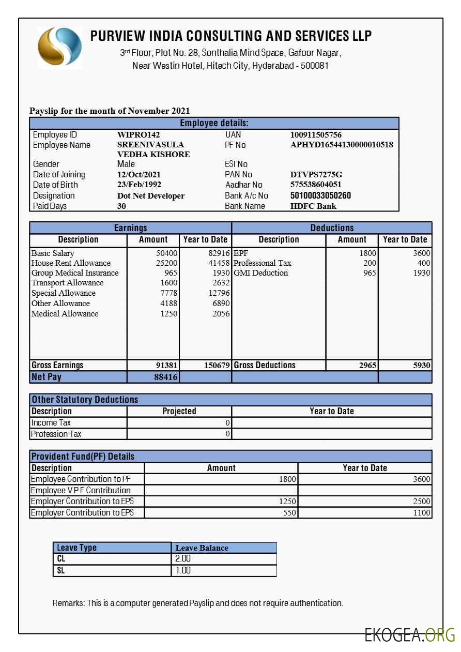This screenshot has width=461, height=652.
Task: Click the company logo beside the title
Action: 59,48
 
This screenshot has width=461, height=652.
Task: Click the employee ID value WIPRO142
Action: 139,135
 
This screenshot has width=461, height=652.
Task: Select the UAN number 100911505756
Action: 316,135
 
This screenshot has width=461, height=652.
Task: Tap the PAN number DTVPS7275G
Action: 316,175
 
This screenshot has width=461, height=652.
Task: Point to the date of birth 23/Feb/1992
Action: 139,185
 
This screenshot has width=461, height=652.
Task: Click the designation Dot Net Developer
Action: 151,196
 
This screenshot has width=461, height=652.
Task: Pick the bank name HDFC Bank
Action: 313,206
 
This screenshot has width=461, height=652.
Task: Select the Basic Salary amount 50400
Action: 166,253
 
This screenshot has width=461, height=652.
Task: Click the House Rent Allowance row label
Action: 71,263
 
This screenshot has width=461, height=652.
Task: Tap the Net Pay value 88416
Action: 166,377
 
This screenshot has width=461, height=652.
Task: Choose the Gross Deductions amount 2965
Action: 367,366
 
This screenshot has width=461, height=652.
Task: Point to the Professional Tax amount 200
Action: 370,263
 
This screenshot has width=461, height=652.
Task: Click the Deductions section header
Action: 332,228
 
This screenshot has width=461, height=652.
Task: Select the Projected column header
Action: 179,412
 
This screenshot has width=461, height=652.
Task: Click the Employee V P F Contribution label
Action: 81,490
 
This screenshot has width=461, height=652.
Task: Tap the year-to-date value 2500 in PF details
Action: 422,502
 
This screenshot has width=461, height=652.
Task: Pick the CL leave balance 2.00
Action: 183,559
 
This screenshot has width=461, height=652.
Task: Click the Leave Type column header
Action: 76,548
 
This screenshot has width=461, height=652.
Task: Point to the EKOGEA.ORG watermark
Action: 409,635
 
